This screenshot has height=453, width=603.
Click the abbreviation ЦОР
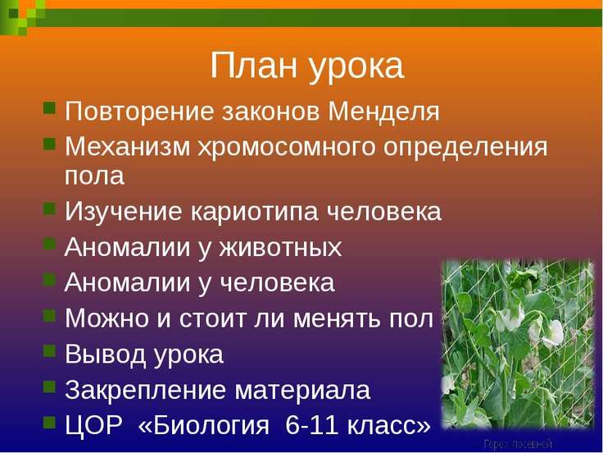[92, 425]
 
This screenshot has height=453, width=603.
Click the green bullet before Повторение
[49, 108]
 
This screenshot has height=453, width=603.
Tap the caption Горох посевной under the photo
[517, 444]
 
